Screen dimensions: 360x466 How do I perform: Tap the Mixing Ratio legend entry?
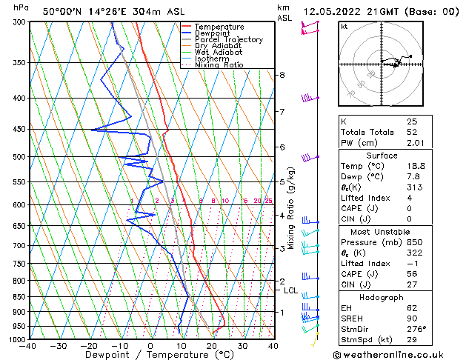[219, 65]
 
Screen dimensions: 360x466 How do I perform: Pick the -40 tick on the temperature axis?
[29, 346]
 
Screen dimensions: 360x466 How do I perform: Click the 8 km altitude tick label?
[282, 75]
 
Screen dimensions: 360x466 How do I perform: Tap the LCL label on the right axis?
[290, 290]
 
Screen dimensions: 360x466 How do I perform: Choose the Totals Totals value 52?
[411, 132]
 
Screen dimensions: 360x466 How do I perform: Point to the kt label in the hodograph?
[344, 26]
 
